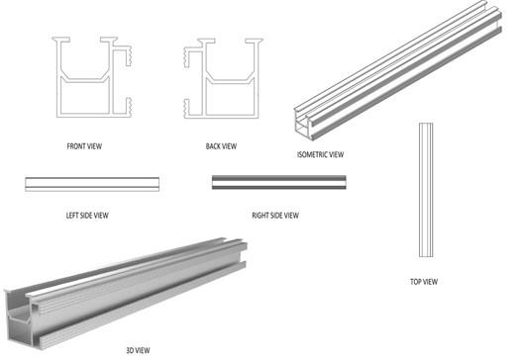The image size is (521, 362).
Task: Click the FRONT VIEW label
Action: [x=84, y=146]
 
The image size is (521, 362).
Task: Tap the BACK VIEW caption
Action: [x=221, y=146]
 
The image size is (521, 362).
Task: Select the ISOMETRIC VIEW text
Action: [x=320, y=154]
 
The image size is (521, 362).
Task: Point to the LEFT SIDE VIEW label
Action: [x=87, y=216]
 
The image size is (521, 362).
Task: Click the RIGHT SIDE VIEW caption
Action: [x=275, y=216]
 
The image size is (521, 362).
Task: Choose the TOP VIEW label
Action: [x=424, y=282]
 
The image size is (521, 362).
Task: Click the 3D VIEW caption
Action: [x=138, y=350]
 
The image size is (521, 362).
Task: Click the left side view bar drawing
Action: [x=92, y=184]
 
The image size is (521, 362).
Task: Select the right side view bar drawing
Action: [x=279, y=183]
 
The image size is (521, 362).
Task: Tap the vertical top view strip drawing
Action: [x=426, y=190]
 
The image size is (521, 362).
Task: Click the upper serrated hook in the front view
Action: [x=128, y=54]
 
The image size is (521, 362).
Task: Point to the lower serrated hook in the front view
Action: [x=128, y=107]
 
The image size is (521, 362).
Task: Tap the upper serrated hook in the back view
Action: [x=187, y=57]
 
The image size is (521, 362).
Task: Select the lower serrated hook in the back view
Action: [x=187, y=109]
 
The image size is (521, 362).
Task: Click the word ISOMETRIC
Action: [x=313, y=154]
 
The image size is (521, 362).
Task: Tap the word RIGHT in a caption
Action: [x=260, y=216]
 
